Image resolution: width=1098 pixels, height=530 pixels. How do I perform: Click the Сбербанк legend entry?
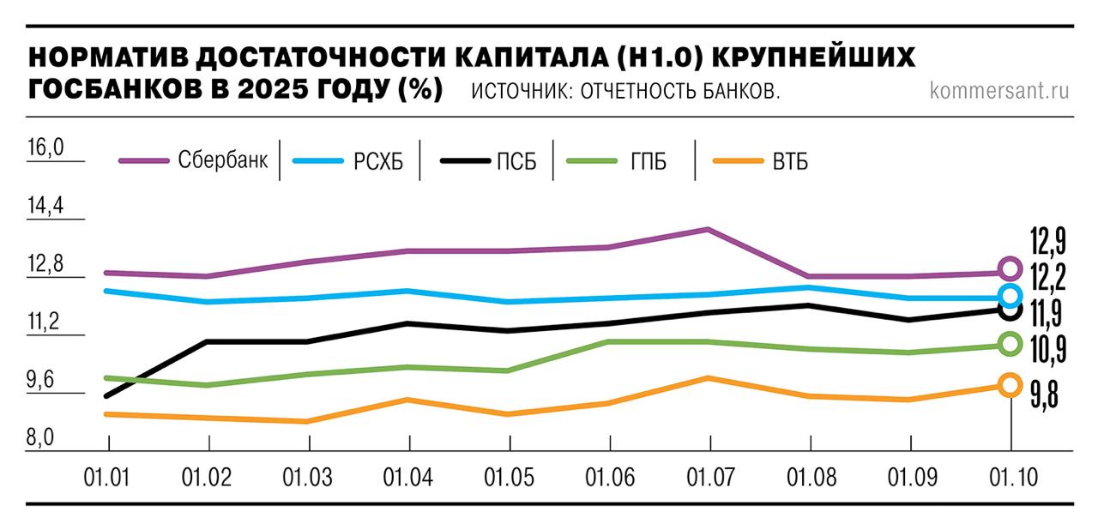coord(193,160)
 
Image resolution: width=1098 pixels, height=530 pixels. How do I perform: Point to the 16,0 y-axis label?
coord(46,148)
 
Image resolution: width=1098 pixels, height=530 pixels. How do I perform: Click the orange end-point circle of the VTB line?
coord(1010,385)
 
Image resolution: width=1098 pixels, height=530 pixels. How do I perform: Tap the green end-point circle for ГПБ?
coord(1010,345)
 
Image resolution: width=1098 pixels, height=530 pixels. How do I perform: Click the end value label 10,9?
coord(1047,348)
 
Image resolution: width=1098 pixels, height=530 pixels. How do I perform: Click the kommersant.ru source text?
coord(999,90)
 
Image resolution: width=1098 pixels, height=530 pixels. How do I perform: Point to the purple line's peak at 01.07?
coord(708,229)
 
